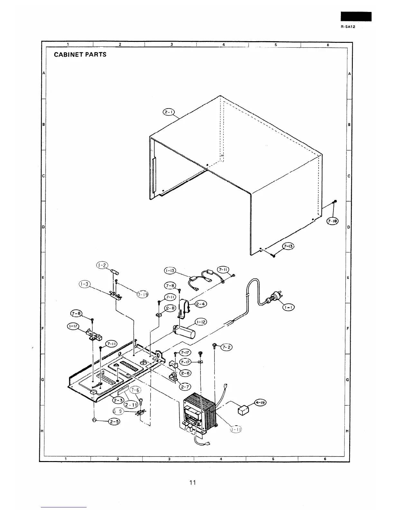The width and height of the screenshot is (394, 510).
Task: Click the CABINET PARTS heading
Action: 80,54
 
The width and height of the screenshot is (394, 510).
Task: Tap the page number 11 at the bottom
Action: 192,482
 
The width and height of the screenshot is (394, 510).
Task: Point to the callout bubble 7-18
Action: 332,221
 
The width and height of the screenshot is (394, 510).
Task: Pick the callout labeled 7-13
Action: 289,247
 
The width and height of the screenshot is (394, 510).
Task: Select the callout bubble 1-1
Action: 288,307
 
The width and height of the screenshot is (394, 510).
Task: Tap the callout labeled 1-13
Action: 170,271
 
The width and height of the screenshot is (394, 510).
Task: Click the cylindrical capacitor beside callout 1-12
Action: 185,332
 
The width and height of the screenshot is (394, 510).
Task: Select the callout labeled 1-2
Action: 102,265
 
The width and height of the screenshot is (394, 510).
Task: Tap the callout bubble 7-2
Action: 226,347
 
